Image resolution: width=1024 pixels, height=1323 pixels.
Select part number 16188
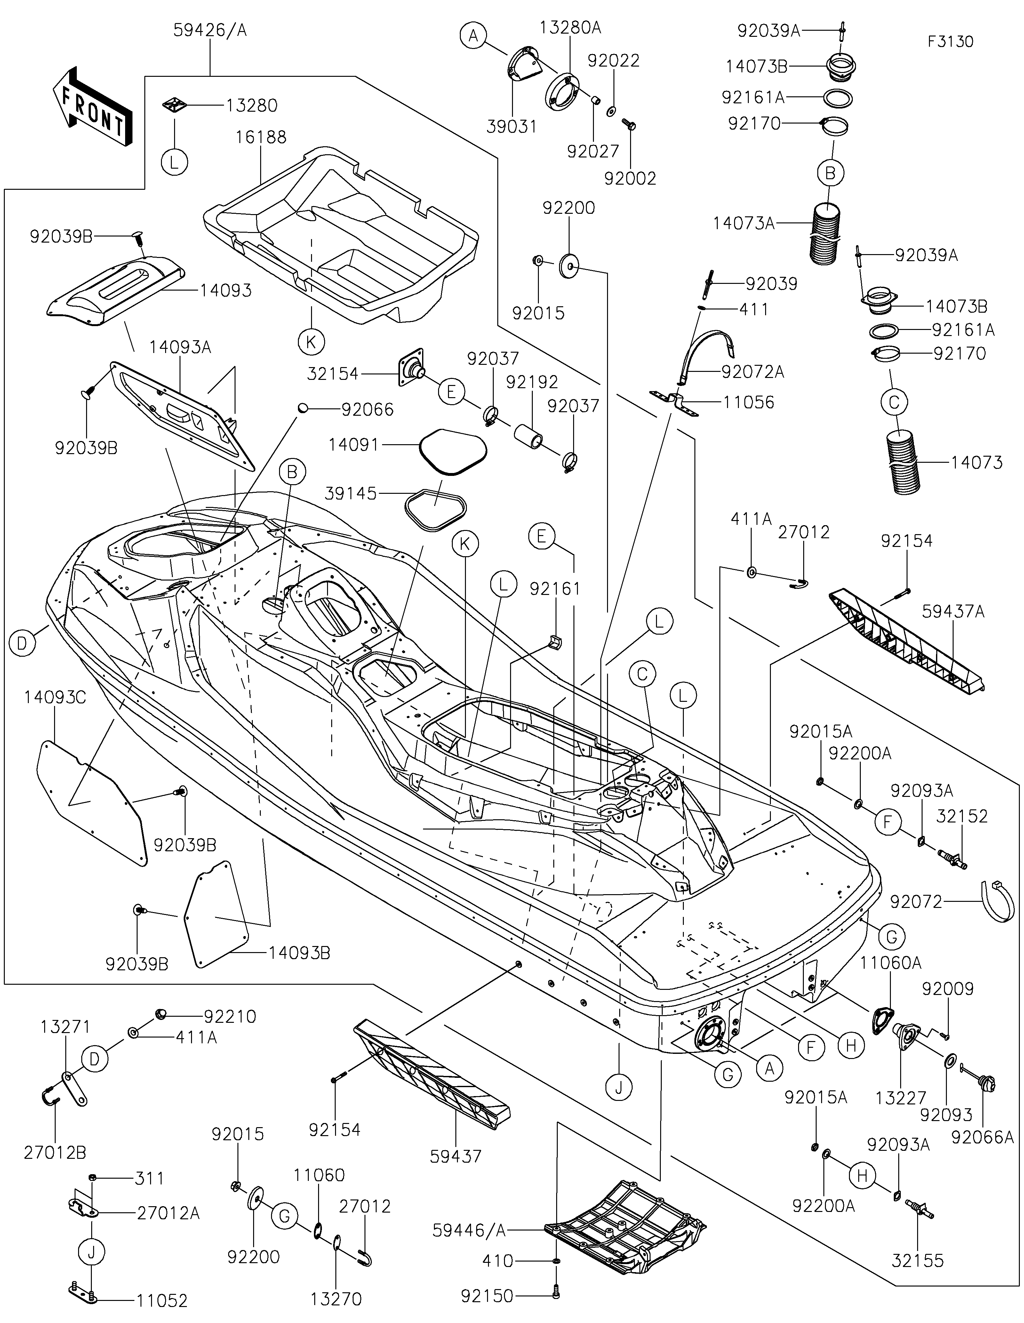pyautogui.click(x=262, y=137)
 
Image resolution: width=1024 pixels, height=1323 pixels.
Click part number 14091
pyautogui.click(x=354, y=445)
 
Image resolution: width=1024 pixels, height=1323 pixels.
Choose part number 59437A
pyautogui.click(x=953, y=612)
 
